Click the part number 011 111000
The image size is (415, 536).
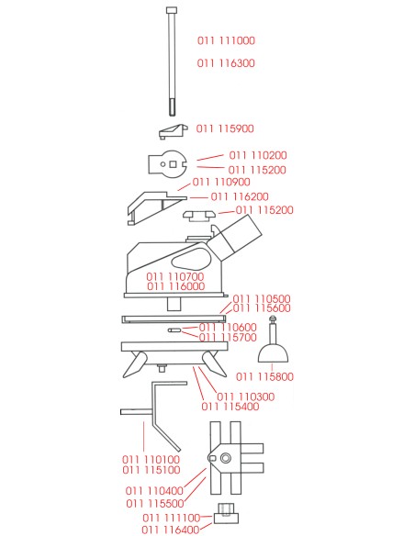coord(226,40)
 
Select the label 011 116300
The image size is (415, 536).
coord(226,63)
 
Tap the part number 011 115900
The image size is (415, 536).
coord(225,128)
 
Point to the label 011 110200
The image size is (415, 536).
coord(258,155)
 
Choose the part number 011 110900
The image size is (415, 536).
coord(221,182)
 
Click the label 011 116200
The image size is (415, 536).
coord(240,196)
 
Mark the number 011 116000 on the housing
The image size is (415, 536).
coord(175,286)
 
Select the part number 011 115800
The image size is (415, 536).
coord(265,376)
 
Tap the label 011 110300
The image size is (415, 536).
coord(246,396)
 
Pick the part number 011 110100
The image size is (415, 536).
coord(151,460)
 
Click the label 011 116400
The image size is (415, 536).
coord(170,530)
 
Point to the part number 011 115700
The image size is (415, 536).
coord(228,338)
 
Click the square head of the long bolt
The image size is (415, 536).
coord(172,10)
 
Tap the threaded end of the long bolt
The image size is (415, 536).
coord(172,106)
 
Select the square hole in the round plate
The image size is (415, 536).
coord(173,164)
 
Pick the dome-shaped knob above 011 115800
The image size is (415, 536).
coord(273,353)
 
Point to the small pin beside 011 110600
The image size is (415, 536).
coord(174,330)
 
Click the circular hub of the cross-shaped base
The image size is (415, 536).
coord(225,458)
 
